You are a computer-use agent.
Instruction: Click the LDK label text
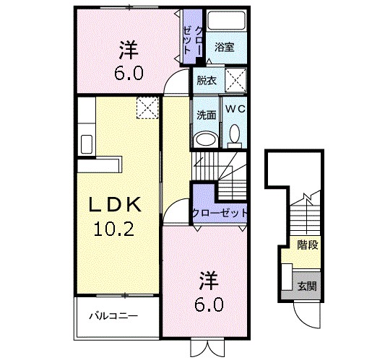(113, 206)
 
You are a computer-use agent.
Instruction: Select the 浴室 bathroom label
(224, 48)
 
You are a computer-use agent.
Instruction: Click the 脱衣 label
(206, 80)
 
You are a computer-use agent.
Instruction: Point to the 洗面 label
(206, 115)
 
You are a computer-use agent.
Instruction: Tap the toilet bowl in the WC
(235, 134)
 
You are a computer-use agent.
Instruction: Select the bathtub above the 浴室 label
(228, 24)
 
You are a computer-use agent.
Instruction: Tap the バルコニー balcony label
(113, 316)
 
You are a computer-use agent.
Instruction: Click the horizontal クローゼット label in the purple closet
(220, 214)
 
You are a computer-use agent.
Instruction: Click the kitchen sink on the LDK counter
(85, 143)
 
